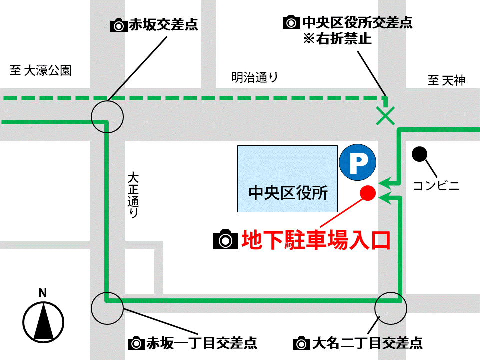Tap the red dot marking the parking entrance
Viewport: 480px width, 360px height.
(368, 193)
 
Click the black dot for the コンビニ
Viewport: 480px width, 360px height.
(419, 154)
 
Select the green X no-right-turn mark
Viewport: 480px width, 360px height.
(385, 115)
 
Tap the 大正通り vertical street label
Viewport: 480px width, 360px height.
(133, 195)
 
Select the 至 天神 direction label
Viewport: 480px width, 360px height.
(446, 80)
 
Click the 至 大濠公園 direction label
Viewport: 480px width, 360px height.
(41, 70)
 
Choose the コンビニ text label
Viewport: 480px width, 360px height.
(436, 186)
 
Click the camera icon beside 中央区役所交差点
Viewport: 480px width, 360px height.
(290, 22)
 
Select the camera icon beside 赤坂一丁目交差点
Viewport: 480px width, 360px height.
(136, 343)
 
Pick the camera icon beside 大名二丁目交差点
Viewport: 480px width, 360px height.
(301, 343)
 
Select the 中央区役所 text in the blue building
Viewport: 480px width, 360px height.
(288, 193)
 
